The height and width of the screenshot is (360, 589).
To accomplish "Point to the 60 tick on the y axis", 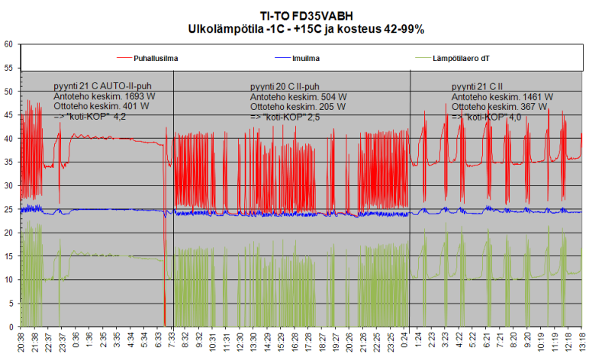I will tap(8, 44).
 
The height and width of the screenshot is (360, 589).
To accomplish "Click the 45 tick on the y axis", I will tap(8, 115).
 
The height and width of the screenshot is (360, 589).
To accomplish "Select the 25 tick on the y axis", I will tap(8, 209).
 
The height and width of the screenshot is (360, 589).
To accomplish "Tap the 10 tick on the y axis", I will tap(8, 280).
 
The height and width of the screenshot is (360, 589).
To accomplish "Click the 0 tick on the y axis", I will tap(11, 327).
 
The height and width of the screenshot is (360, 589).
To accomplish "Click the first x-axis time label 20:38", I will tap(20, 340).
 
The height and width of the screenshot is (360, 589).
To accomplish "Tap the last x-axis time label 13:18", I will tap(581, 340).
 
